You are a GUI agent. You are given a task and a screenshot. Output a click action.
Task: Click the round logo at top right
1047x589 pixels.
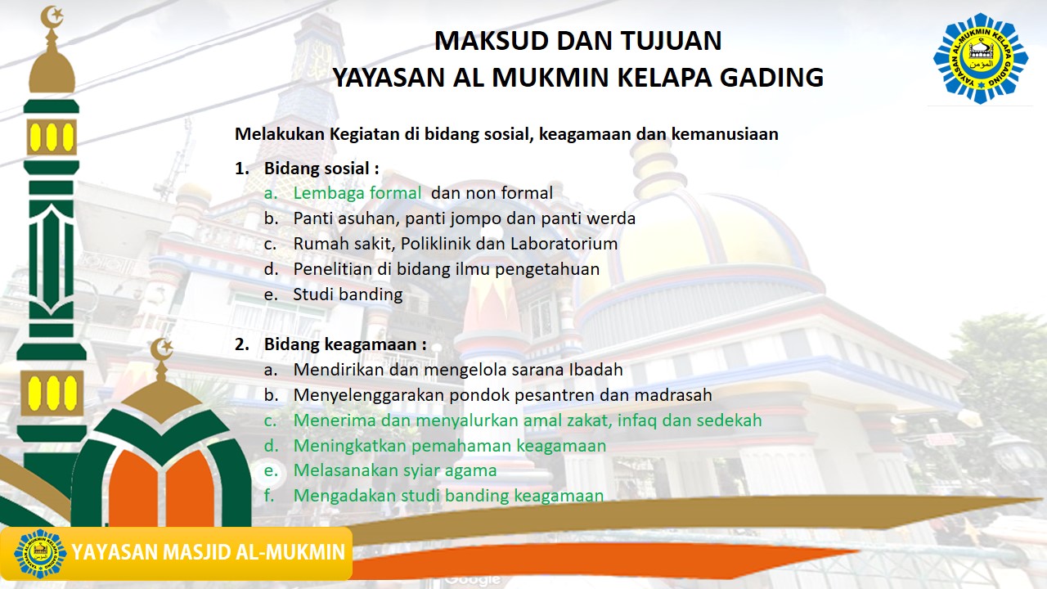[x=980, y=58]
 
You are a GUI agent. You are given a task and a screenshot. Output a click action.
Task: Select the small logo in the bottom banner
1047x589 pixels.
[x=40, y=553]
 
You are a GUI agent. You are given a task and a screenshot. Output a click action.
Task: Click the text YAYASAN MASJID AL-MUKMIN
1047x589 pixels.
[x=209, y=552]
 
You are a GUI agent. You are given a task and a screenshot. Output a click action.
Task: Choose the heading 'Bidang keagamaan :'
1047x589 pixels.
[x=344, y=344]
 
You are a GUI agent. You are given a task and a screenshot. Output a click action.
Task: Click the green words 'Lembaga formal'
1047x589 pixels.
[x=357, y=193]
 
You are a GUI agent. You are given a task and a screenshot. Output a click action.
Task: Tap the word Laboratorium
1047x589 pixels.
[x=564, y=244]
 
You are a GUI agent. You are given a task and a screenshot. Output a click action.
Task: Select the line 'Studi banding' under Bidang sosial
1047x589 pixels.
[x=348, y=294]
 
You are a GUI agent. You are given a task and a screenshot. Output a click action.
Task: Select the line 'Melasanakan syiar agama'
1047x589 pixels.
[x=394, y=471]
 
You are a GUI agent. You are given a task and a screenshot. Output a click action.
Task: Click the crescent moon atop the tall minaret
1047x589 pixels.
[x=52, y=15]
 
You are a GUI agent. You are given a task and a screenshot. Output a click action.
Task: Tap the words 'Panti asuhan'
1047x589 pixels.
[x=343, y=218]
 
